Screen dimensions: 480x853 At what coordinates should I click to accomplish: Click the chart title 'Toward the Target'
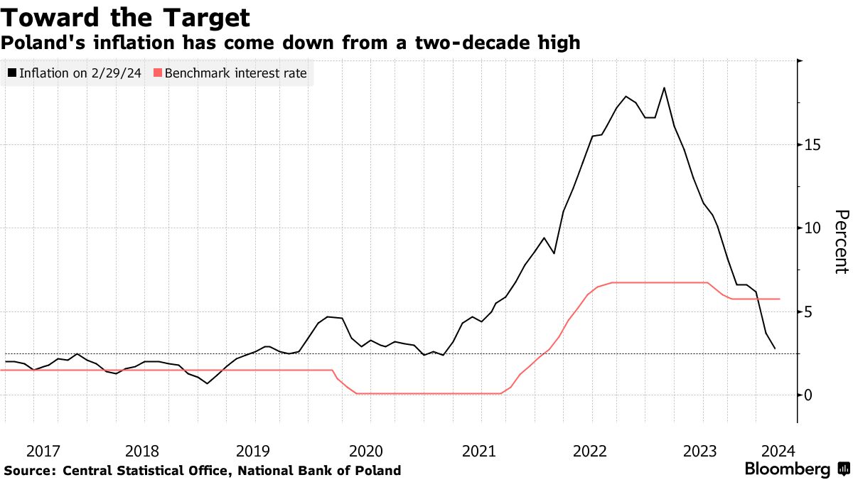coord(125,17)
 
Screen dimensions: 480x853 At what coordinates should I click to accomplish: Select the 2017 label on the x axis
coord(43,450)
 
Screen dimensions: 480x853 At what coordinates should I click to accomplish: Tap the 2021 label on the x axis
coord(478,450)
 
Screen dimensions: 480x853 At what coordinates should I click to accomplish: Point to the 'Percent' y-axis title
coord(842,241)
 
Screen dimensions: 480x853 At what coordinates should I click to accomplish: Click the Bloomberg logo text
coord(787,469)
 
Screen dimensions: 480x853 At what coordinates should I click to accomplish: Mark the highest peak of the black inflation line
coord(664,87)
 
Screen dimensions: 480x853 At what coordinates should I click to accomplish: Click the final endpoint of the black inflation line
coord(775,348)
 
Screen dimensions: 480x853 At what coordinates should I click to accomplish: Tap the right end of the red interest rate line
coord(780,299)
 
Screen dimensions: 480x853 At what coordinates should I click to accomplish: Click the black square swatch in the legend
coord(12,73)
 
